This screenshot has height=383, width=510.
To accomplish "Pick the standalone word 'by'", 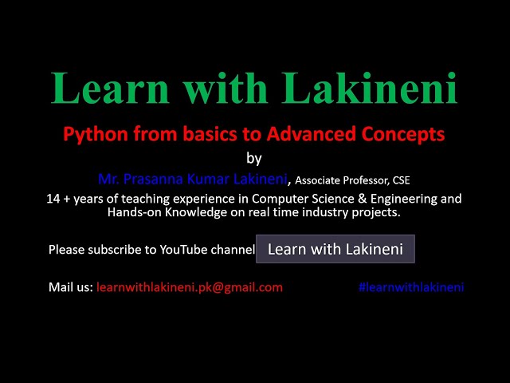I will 254,157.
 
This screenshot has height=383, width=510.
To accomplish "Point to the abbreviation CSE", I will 401,180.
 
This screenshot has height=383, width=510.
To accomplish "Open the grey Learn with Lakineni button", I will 335,249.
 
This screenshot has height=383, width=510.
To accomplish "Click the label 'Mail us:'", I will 71,287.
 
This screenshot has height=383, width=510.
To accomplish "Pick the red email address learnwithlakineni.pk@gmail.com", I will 190,287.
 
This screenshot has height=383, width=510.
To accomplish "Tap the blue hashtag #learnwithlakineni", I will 411,287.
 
